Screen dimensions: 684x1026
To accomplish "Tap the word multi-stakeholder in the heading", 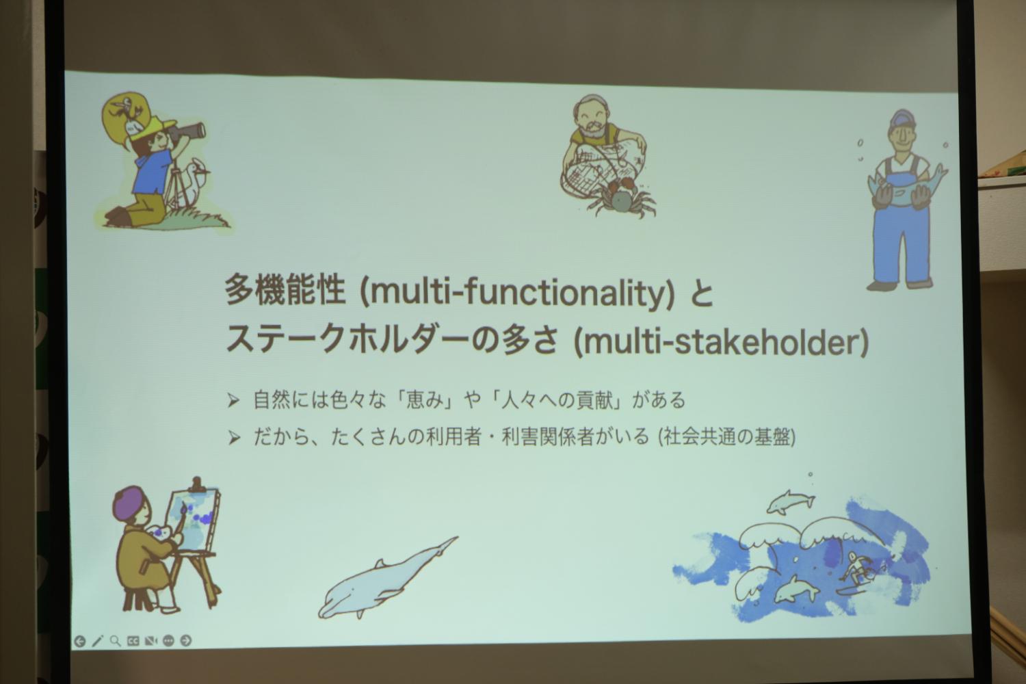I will point(721,342).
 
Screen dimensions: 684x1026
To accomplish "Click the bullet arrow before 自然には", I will point(234,401).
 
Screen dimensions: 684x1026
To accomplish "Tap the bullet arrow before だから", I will point(234,438).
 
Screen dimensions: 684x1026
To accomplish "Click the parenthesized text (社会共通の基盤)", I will point(727,437).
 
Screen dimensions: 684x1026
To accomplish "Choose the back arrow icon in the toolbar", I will point(79,641).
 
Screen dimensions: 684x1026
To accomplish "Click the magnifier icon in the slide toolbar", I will point(115,641).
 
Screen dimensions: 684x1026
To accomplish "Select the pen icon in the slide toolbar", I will point(97,641).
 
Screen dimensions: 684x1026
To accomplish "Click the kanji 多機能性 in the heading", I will point(285,291).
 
